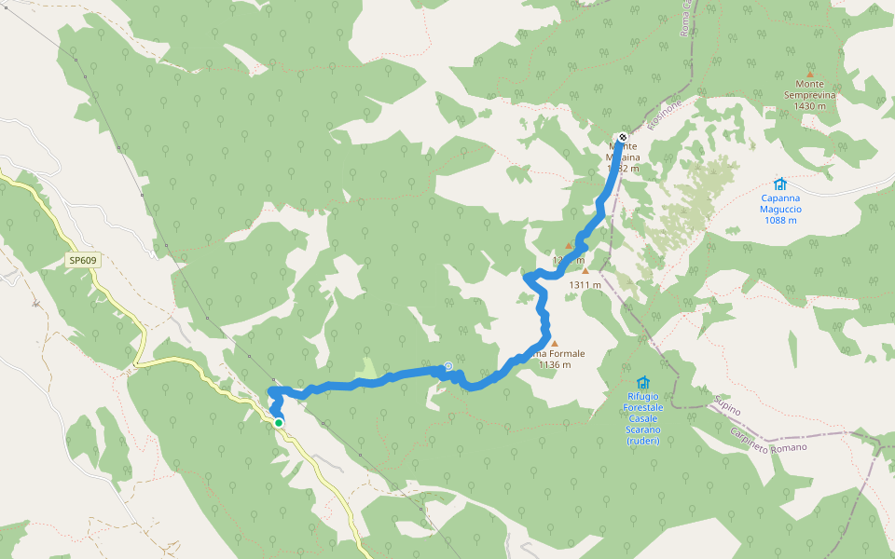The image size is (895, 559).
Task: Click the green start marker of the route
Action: [278, 422]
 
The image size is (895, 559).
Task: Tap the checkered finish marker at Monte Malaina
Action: [622, 138]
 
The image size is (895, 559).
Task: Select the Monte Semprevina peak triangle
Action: [809, 75]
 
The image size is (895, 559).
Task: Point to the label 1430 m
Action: [810, 106]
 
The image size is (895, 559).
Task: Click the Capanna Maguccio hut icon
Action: [779, 184]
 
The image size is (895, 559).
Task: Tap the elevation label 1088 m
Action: [781, 220]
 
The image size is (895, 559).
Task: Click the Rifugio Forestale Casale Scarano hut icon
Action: [642, 383]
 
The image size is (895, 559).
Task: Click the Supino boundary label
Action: [728, 408]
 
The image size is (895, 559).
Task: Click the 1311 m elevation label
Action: [585, 285]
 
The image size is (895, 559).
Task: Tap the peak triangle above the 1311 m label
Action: [585, 271]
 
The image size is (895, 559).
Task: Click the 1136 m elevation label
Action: [555, 364]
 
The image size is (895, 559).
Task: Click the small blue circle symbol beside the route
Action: [448, 366]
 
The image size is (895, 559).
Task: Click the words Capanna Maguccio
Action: [781, 203]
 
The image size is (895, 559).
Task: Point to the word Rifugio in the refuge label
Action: [644, 396]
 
